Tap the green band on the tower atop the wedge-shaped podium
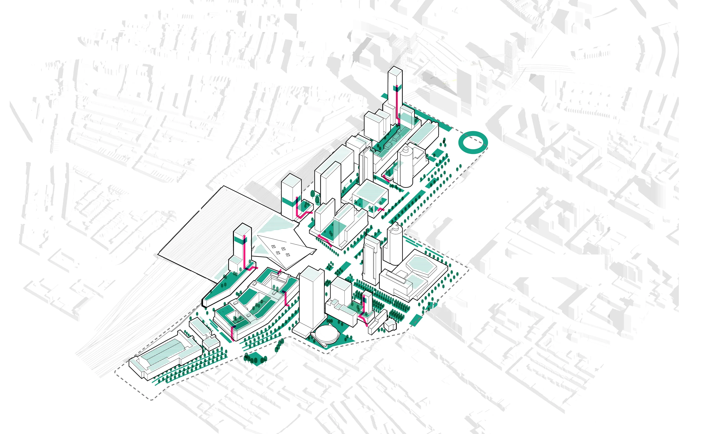click(x=242, y=239)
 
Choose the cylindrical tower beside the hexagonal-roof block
click(x=394, y=245)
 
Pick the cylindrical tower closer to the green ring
click(x=405, y=167)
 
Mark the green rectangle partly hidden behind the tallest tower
click(x=384, y=96)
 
